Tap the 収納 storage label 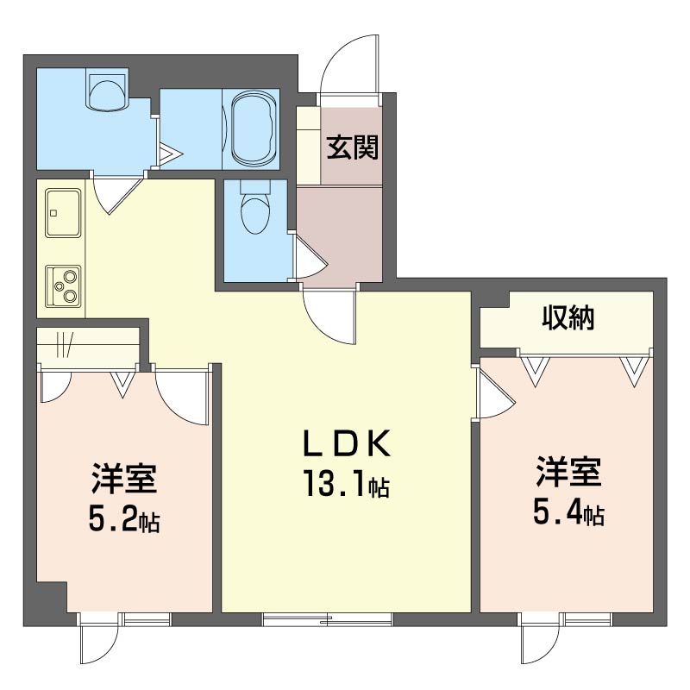tap(568, 319)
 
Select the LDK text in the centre tap(348, 444)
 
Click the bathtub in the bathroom tap(252, 129)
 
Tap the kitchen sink tap(62, 211)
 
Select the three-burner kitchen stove tap(63, 285)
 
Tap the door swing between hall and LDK tap(329, 317)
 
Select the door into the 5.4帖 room tap(494, 394)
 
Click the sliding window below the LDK tap(328, 618)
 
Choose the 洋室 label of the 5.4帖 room tap(568, 474)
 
